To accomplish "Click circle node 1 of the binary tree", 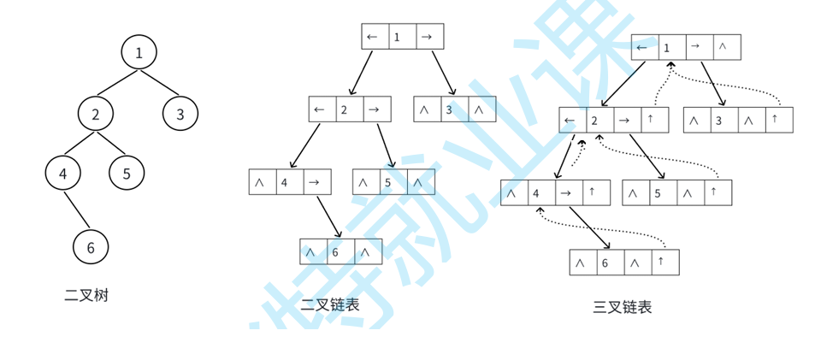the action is [139, 53].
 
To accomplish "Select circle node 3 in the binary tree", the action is [180, 114].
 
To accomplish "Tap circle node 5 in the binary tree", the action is [127, 174].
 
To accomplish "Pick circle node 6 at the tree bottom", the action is [90, 248].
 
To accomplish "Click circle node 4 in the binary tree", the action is [62, 174].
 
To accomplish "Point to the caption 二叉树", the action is [86, 296].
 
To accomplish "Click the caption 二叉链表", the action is [330, 304].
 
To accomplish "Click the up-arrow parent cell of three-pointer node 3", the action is [777, 120].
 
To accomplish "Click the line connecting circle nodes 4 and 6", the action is [76, 210].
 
